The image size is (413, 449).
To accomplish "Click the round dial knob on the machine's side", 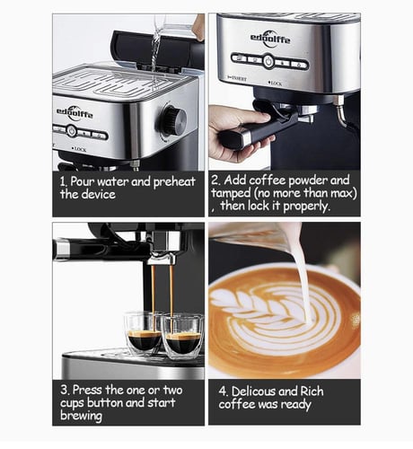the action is click(172, 121).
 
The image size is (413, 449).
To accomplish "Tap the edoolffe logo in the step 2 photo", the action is click(270, 38).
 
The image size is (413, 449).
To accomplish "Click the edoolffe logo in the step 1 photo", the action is click(75, 113).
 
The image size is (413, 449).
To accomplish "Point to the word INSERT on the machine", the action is click(238, 78).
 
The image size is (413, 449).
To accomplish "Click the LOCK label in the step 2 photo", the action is click(276, 84).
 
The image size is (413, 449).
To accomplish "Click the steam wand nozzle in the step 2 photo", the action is click(340, 111).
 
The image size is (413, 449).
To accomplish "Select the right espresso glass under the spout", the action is click(183, 336).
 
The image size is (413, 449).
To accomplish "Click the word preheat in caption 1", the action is click(174, 181).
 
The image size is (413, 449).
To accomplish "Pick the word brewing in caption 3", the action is click(81, 416).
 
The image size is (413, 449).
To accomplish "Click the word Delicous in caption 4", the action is click(255, 392).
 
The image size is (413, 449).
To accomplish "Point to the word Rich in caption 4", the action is click(312, 392).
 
